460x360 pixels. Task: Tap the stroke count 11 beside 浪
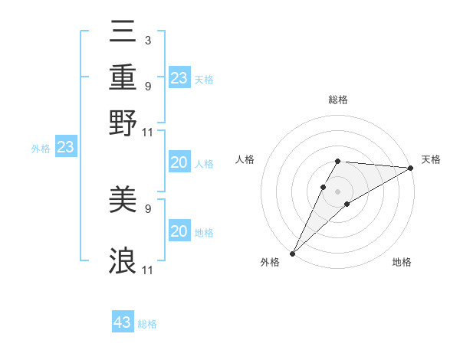point(148,270)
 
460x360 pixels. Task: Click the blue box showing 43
point(123,322)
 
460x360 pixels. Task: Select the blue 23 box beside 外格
point(65,147)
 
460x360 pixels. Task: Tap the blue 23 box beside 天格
point(179,77)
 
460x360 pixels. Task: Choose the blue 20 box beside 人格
point(179,162)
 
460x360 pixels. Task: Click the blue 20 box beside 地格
point(179,231)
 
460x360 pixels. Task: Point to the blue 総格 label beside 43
point(148,324)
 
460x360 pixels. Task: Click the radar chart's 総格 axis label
point(338,100)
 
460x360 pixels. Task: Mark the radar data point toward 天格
point(411,168)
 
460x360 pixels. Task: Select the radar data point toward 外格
point(292,253)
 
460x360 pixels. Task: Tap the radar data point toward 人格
point(324,186)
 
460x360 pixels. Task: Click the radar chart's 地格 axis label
point(402,263)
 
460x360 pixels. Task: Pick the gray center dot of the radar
point(338,191)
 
